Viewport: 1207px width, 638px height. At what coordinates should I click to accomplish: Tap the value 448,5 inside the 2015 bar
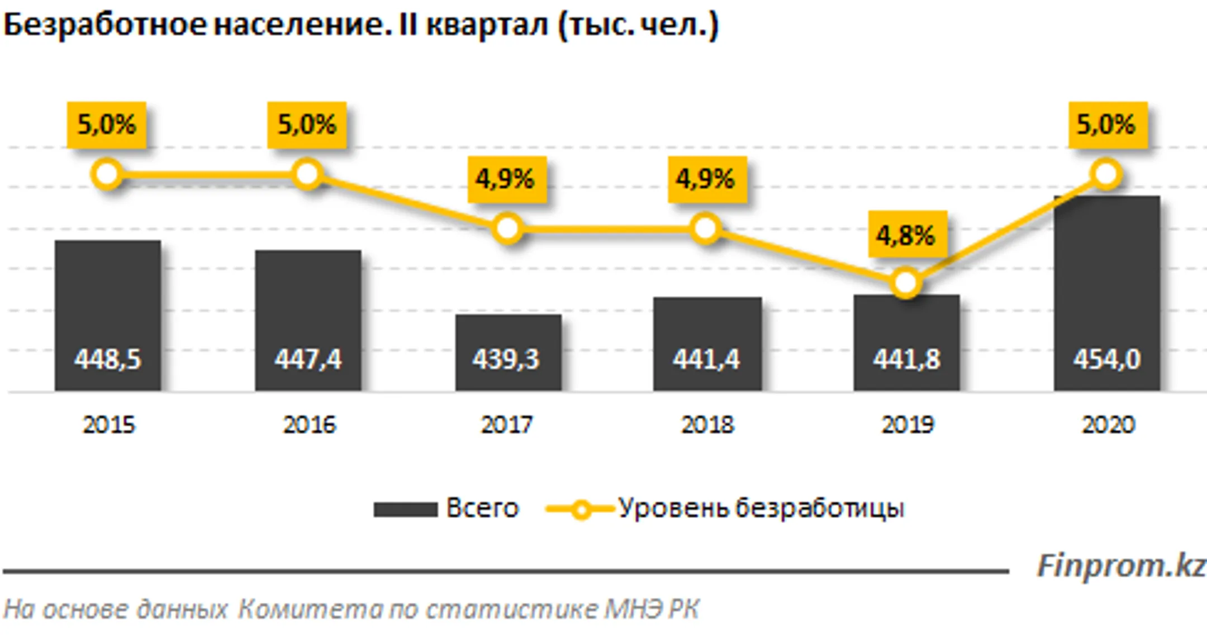click(x=107, y=359)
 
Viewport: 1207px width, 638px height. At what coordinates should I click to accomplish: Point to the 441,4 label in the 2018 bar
click(x=706, y=359)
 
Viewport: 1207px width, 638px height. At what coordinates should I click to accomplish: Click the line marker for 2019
click(x=905, y=283)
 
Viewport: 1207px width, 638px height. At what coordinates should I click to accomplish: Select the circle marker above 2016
click(x=307, y=174)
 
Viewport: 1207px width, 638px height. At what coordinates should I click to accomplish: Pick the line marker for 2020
click(x=1106, y=174)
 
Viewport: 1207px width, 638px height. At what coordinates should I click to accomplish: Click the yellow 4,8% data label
click(x=907, y=235)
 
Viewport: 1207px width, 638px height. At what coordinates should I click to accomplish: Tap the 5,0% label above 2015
click(x=107, y=125)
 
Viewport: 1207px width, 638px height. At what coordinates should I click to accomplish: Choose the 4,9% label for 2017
click(x=506, y=179)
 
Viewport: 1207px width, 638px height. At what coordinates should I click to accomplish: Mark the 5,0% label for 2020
click(x=1108, y=125)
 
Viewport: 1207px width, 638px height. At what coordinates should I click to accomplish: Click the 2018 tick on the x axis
click(x=707, y=425)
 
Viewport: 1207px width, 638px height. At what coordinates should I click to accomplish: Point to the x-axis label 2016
click(x=309, y=425)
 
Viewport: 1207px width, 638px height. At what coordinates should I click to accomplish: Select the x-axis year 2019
click(x=907, y=425)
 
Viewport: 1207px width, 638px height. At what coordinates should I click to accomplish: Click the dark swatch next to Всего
click(x=405, y=510)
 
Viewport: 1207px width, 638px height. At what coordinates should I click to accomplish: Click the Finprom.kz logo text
click(x=1120, y=566)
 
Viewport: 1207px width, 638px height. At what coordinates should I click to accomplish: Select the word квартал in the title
click(x=487, y=26)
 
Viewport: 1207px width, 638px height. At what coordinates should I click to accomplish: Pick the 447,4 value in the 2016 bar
click(x=308, y=359)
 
